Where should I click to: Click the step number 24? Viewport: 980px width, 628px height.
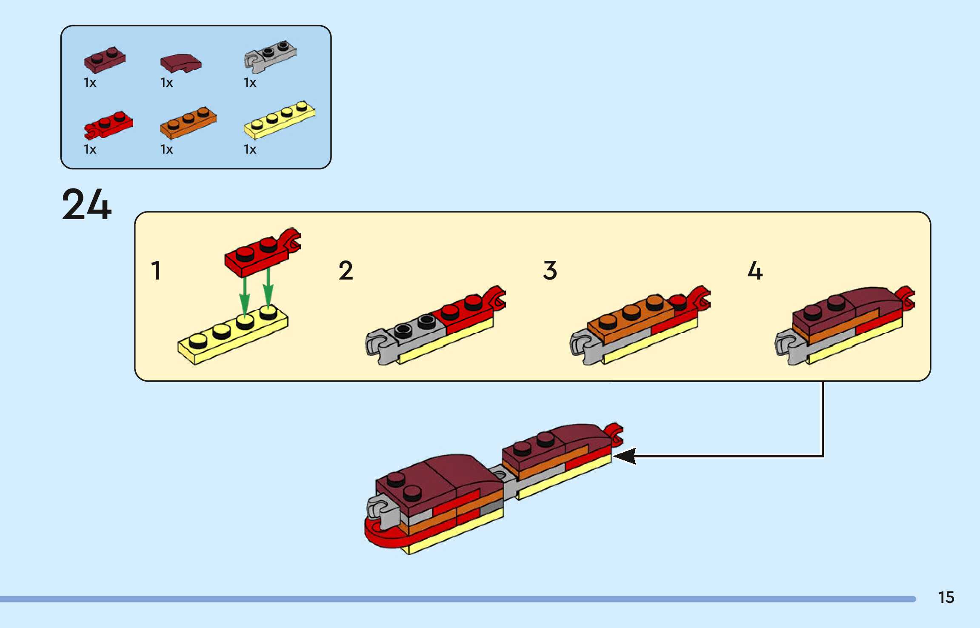coord(87,205)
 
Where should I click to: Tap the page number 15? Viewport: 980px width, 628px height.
coord(946,597)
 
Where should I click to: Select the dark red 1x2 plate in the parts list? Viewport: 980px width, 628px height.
coord(105,60)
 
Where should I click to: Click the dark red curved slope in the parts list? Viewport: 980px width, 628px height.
coord(181,63)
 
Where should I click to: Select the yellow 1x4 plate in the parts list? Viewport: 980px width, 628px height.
coord(280,120)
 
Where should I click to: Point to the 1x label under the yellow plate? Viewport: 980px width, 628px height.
coord(250,149)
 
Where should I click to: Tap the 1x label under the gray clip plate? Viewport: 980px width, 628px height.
coord(250,83)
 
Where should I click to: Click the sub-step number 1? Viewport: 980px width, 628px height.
coord(156,271)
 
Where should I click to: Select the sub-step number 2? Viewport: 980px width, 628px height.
coord(346,271)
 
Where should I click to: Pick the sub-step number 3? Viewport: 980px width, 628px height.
coord(550,271)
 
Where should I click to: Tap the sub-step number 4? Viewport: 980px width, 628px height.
coord(755,271)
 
